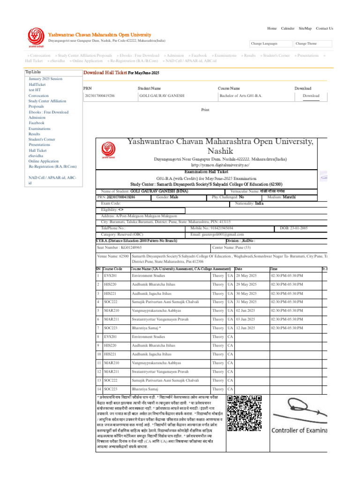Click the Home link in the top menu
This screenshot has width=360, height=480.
pos(272,29)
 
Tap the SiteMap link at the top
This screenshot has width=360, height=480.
pos(305,29)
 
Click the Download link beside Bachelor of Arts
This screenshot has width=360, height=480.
pos(311,96)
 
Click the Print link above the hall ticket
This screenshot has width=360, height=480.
pos(205,110)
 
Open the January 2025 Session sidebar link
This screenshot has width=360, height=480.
pos(45,79)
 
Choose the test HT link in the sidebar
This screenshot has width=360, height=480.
pos(35,90)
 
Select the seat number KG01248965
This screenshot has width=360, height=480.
pos(126,247)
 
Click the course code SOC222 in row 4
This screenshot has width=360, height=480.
pos(110,302)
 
